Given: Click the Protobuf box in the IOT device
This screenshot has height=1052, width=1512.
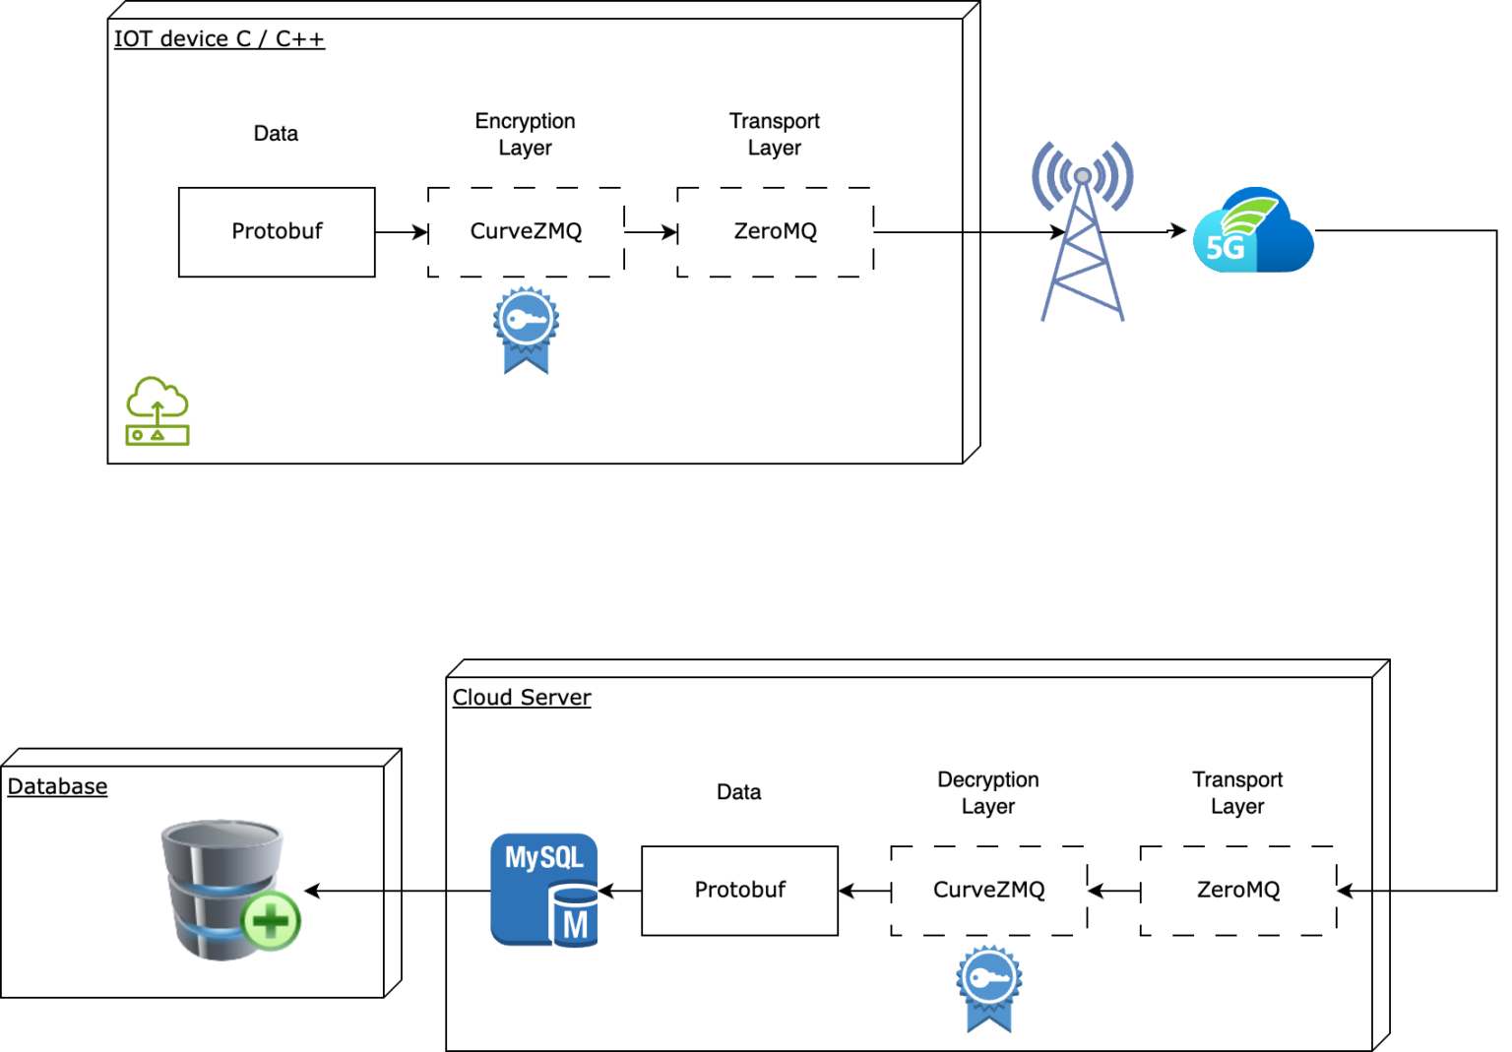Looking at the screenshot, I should [277, 232].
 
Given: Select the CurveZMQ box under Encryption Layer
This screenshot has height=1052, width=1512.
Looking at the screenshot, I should [526, 232].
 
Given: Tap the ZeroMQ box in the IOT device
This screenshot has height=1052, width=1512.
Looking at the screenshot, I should [775, 232].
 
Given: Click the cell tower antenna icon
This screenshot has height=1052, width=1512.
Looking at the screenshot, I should [1082, 231].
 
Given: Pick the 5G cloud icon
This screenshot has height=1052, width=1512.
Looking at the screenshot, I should [1252, 231].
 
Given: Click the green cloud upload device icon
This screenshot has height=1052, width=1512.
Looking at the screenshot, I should [157, 411].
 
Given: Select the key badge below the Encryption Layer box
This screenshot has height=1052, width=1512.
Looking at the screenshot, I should [526, 330].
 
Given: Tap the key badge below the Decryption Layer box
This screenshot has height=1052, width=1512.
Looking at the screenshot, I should [988, 988].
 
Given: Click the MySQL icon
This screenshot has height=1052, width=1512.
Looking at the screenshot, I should [544, 891].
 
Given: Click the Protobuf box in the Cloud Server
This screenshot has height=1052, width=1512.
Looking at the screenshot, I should [739, 891].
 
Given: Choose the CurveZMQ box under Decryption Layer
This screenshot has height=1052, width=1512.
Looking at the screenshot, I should [988, 891].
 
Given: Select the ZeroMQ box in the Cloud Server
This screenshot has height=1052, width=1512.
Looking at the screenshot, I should [1237, 891].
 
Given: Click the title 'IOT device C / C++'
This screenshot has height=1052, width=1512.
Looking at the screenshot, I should [219, 39].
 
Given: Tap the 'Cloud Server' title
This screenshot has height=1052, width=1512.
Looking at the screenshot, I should [522, 698].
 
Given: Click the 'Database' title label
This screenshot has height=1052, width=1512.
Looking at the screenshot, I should [57, 786].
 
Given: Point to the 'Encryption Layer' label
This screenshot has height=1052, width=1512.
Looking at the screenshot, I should [525, 134].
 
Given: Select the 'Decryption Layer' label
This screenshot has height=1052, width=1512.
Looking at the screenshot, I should [987, 792].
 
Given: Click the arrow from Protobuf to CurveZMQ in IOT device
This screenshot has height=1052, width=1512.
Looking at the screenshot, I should [401, 232].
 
